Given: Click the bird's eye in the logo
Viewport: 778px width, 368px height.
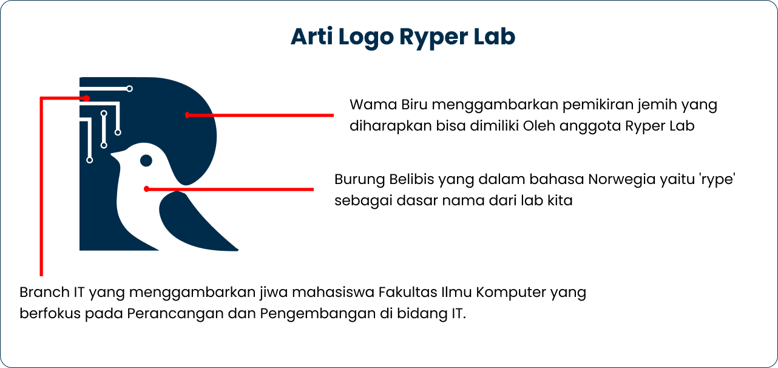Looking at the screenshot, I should [146, 160].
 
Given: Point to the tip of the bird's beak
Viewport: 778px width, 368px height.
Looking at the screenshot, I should [112, 157].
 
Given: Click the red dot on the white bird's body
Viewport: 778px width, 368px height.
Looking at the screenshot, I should [146, 189].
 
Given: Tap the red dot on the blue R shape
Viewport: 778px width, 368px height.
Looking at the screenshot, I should [188, 115].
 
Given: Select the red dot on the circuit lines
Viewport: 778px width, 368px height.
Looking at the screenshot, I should [87, 98].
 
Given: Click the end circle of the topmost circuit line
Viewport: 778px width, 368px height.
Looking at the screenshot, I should [129, 89].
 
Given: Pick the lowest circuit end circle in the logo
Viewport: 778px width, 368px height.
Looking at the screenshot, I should [90, 160].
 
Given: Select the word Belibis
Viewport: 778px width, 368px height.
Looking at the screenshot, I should [411, 180].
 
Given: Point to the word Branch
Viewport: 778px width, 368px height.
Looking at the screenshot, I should [44, 292].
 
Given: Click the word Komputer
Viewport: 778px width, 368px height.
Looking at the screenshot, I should [511, 292].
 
